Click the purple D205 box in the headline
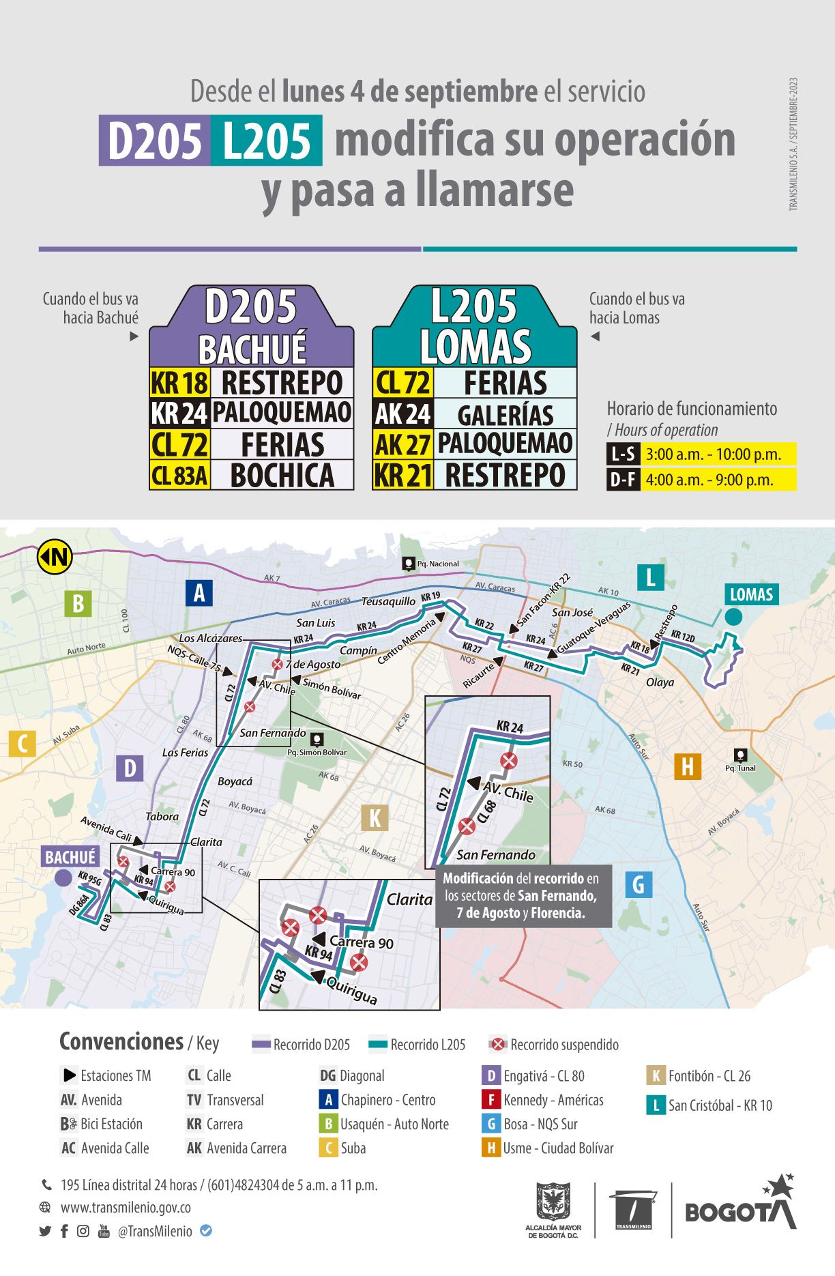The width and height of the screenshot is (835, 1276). [155, 141]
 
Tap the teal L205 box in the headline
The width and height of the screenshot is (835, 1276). [267, 141]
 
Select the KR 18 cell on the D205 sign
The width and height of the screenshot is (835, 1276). [179, 383]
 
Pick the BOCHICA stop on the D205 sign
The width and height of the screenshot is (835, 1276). [282, 476]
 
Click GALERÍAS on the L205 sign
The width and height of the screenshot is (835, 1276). [506, 415]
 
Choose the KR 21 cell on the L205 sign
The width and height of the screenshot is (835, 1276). [403, 476]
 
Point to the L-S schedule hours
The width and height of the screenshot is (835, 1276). [713, 454]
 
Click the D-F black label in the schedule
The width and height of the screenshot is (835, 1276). [623, 480]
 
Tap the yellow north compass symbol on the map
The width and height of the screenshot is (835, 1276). [55, 557]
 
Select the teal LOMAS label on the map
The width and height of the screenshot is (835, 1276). [751, 594]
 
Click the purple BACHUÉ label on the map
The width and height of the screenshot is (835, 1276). [70, 857]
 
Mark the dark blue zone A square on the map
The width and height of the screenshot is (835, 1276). [199, 593]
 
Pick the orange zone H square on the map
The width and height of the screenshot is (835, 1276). [687, 766]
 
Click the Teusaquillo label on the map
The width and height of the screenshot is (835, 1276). [388, 601]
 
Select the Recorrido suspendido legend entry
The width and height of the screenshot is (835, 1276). [555, 1045]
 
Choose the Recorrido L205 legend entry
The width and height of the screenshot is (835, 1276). [417, 1045]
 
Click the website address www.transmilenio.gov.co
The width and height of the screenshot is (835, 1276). [126, 1207]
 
